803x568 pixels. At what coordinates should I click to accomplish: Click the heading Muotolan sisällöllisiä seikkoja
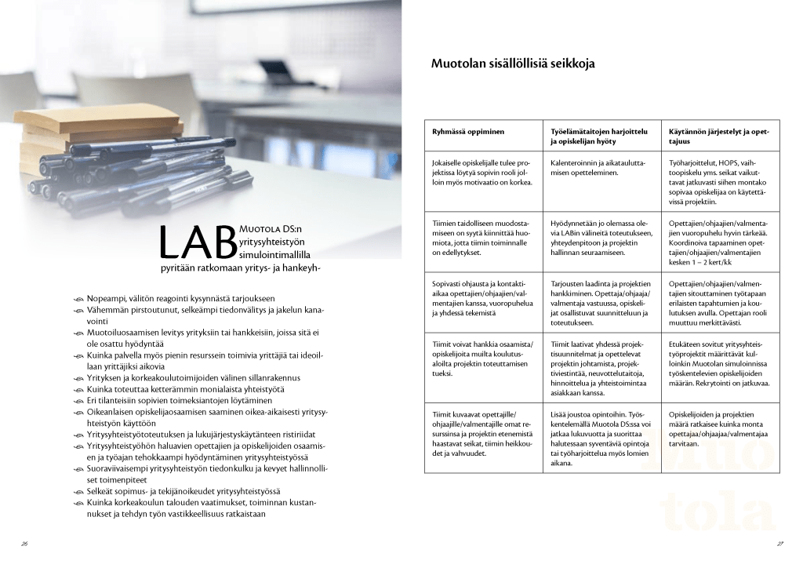518,64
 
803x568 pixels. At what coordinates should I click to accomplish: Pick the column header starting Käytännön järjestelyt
718,136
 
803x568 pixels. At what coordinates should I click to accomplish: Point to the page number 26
25,542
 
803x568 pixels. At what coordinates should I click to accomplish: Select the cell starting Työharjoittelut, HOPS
718,181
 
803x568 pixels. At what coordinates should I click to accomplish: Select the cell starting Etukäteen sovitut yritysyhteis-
718,363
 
